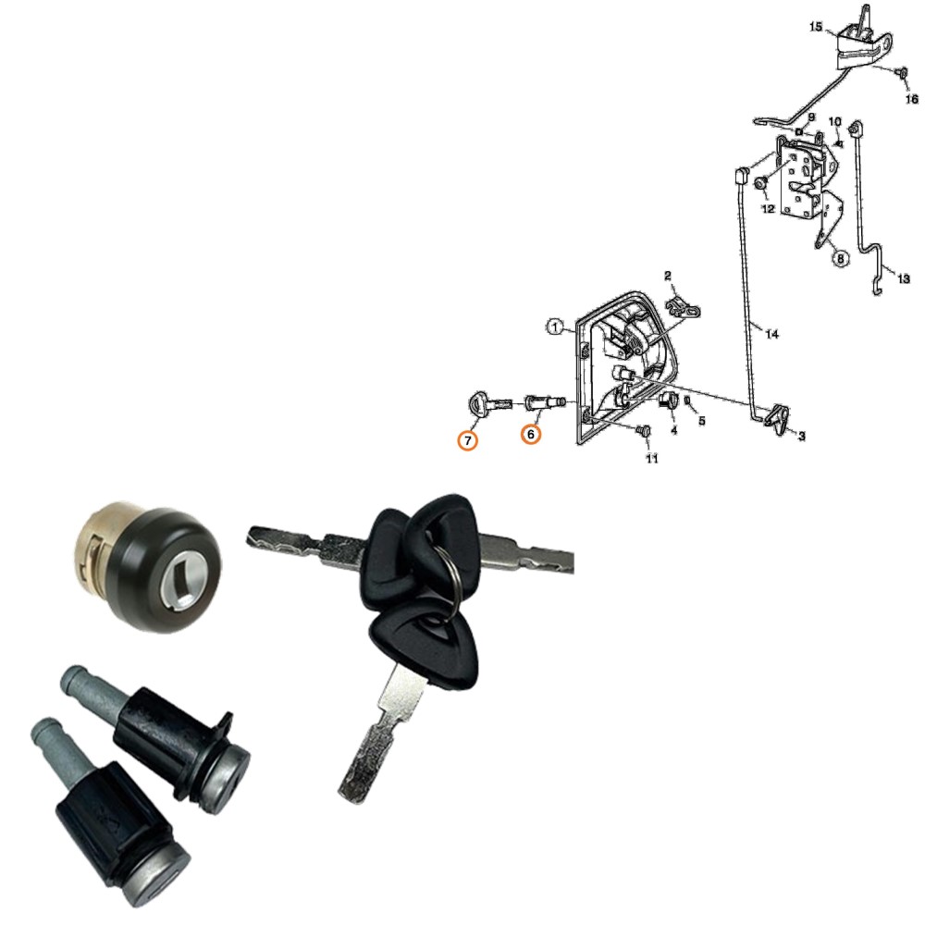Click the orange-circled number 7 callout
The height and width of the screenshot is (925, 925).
pos(468,440)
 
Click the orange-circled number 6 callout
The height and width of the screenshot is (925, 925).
pos(530,434)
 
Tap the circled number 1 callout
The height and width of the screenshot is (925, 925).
pos(554,327)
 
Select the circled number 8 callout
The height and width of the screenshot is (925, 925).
pos(841,258)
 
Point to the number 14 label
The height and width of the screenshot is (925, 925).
pos(771,335)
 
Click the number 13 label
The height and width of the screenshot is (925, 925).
pos(904,278)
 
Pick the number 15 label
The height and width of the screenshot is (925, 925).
pos(816,27)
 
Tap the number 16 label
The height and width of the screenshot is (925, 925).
pos(911,99)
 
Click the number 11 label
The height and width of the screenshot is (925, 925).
pos(651,459)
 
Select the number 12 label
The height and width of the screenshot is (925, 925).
pos(768,209)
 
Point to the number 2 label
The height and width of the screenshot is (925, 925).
pos(668,276)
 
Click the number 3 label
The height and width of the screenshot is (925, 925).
pos(802,436)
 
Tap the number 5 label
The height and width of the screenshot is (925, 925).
pos(701,421)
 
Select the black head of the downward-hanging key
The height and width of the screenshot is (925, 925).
pos(425,646)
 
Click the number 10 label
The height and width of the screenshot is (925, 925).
pos(834,121)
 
